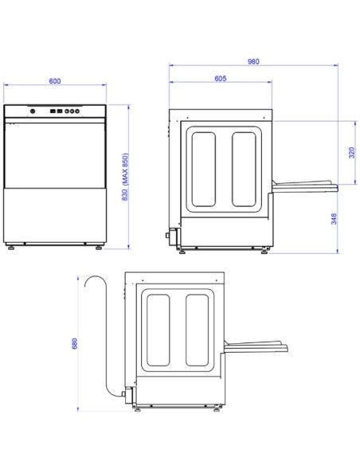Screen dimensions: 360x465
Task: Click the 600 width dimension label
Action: (x=55, y=81)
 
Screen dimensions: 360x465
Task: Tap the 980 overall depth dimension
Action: (x=253, y=61)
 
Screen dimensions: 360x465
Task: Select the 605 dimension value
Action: (x=221, y=78)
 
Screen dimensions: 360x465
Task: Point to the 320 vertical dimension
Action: (x=352, y=152)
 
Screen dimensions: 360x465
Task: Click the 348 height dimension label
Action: (x=334, y=219)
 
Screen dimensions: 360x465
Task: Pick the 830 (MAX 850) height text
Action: (x=125, y=177)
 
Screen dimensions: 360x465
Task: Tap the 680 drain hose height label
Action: (x=74, y=343)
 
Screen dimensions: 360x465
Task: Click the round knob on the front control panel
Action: (x=33, y=111)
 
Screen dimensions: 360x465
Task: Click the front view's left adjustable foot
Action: (x=11, y=248)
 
